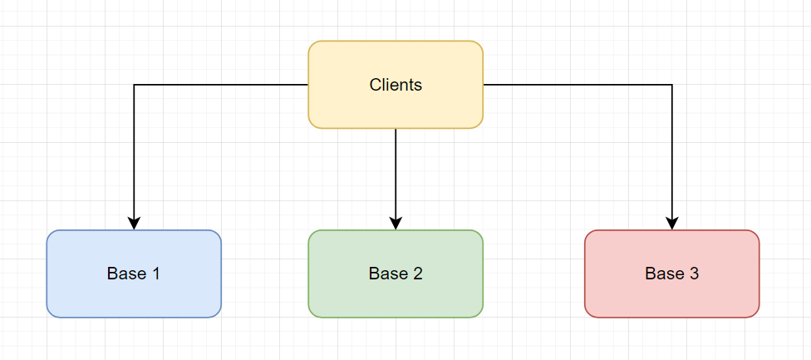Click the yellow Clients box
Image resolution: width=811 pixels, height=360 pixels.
point(396,84)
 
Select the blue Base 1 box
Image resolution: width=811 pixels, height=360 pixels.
point(134,274)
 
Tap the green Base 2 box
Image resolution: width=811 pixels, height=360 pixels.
point(396,274)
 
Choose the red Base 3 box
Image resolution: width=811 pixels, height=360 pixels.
point(672,274)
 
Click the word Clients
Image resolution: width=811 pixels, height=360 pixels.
point(396,85)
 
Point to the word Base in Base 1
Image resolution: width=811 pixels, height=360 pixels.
point(125,274)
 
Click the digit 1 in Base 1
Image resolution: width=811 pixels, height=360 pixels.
point(155,274)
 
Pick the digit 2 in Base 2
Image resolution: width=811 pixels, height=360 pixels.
point(417,274)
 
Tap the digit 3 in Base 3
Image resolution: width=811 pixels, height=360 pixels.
point(694,274)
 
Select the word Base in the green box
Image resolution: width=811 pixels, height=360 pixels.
point(387,274)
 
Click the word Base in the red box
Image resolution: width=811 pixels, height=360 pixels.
point(664,274)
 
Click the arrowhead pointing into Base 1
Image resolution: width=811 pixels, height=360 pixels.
point(134,224)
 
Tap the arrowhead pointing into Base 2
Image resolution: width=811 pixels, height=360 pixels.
point(396,224)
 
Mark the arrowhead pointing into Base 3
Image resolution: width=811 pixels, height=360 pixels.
point(672,224)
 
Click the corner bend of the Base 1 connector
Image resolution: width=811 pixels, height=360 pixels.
point(134,84)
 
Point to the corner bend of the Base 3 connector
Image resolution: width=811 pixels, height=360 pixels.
point(672,84)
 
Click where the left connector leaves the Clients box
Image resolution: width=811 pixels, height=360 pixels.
point(308,84)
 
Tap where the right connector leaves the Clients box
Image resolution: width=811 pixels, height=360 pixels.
point(484,84)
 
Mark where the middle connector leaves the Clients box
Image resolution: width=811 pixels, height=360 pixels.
point(396,128)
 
